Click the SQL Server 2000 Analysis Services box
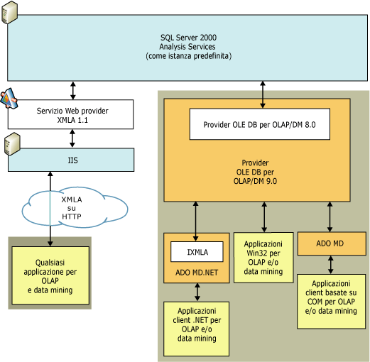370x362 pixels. (188, 45)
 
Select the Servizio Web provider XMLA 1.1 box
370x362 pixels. (71, 115)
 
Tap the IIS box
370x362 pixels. (71, 160)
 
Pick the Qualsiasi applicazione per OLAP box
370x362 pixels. (50, 275)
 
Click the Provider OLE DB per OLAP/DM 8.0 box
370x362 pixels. (259, 124)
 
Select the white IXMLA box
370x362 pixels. (197, 252)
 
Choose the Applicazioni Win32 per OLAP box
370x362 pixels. (263, 257)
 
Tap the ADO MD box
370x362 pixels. (330, 243)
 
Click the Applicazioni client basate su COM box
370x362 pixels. (330, 301)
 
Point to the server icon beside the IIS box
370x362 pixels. (10, 144)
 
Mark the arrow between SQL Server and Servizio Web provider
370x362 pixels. (72, 89)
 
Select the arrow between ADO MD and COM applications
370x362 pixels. (330, 265)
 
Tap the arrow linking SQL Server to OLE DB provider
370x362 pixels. (264, 89)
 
